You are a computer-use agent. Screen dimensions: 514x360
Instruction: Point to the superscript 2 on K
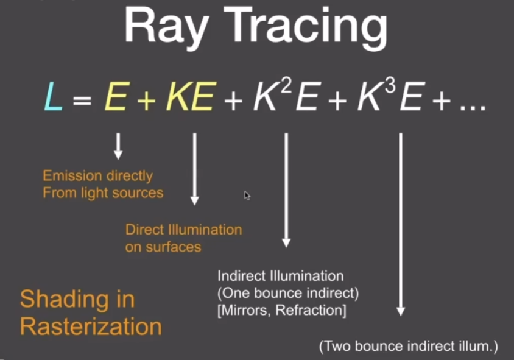286,86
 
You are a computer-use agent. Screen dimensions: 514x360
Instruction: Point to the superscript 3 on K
390,86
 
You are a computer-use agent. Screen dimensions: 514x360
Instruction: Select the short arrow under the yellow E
118,146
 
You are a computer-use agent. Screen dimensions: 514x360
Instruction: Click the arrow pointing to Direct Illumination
195,169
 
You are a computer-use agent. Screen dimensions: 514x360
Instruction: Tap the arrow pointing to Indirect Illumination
286,190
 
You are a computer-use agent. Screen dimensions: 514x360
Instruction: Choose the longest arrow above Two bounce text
401,224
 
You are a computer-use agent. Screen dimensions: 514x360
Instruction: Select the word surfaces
173,247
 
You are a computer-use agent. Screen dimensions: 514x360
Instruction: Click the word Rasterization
91,326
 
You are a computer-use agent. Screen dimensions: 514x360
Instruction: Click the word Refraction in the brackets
311,310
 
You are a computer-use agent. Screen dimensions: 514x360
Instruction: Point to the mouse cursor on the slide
247,196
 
